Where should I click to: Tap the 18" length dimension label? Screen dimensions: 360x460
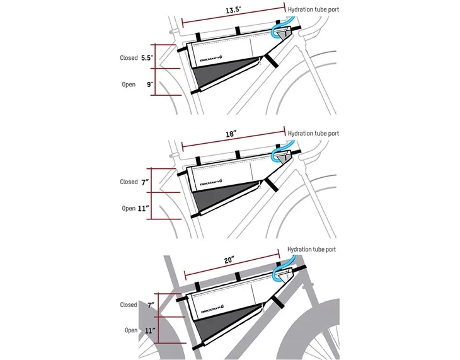point(231,135)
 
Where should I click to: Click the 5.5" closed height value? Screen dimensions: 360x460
point(147,57)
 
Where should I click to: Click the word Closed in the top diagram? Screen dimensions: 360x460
point(129,58)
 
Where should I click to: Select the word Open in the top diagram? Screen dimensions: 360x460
point(129,84)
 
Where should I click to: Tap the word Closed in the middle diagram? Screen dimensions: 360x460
point(129,182)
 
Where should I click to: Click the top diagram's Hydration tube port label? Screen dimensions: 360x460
point(313,10)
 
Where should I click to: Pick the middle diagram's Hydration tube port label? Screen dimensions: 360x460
point(313,134)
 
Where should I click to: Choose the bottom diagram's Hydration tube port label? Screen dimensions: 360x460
point(311,250)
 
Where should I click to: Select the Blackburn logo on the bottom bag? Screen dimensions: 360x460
point(214,310)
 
